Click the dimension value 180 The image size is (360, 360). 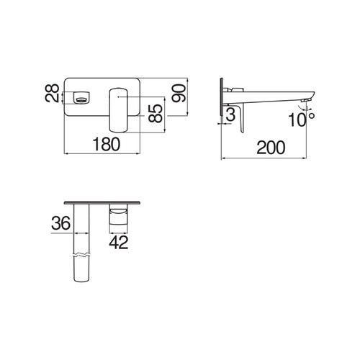point(107,144)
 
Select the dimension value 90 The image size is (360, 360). point(179,93)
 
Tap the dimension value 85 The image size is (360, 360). point(156,114)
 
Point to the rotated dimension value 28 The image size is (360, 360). point(52,93)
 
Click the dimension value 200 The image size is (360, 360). point(271,148)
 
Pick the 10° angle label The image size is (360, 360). point(302,120)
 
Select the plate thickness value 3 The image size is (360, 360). point(230,114)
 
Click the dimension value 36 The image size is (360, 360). point(61,223)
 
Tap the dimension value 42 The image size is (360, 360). point(119,243)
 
